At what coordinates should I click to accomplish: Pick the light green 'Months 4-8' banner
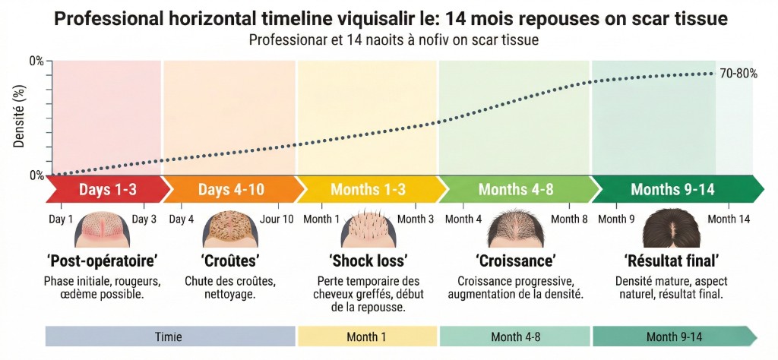tap(515, 189)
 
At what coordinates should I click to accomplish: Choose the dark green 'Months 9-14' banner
tap(672, 189)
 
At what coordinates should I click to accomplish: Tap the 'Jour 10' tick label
tap(276, 219)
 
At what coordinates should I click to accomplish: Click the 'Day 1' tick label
tap(62, 219)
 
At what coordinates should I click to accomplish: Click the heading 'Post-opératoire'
tap(103, 261)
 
